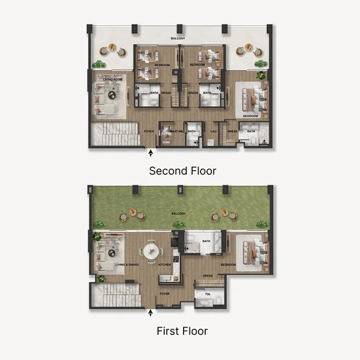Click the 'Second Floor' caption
pyautogui.click(x=182, y=171)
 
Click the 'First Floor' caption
pyautogui.click(x=182, y=331)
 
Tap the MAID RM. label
pyautogui.click(x=176, y=131)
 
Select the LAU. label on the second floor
pyautogui.click(x=213, y=131)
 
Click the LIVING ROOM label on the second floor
pyautogui.click(x=113, y=79)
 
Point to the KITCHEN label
pyautogui.click(x=164, y=265)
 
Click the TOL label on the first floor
pyautogui.click(x=208, y=294)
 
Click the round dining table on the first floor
pyautogui.click(x=150, y=251)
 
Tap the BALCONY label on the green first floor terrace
pyautogui.click(x=179, y=213)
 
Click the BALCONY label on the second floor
pyautogui.click(x=178, y=38)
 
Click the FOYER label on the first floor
pyautogui.click(x=164, y=293)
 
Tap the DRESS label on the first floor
pyautogui.click(x=208, y=276)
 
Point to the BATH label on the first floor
pyautogui.click(x=207, y=242)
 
